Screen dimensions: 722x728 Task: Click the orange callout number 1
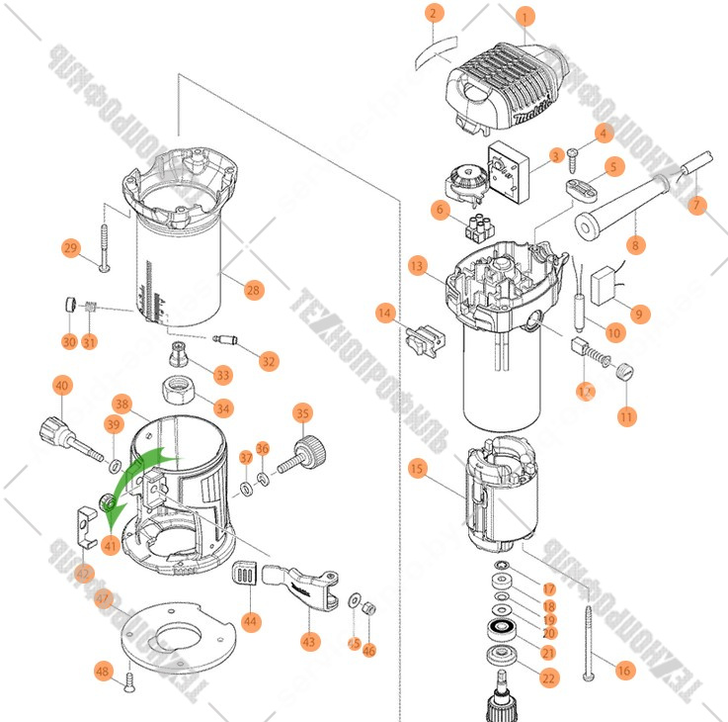pos(525,16)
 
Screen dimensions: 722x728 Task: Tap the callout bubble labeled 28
pos(254,290)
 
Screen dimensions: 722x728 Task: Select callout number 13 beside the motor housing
pos(417,266)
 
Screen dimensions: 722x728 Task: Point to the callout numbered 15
pos(417,468)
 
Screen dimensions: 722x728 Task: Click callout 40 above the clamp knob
pos(61,385)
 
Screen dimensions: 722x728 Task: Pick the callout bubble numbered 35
pos(302,413)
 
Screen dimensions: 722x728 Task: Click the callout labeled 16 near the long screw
pos(623,671)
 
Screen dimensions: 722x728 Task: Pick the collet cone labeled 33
pos(182,353)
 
